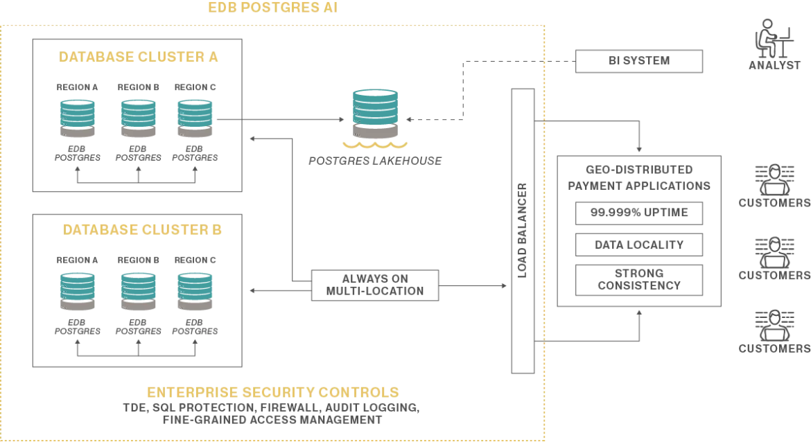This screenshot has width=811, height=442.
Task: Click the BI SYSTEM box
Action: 639,61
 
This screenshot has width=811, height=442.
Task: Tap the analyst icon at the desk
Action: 774,39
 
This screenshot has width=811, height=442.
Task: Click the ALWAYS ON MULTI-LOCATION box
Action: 375,285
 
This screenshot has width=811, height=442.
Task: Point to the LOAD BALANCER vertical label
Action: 523,231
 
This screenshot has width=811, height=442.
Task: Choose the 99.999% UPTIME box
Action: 639,213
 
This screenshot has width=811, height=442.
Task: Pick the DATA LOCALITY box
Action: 639,245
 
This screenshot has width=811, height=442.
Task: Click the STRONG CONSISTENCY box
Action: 639,280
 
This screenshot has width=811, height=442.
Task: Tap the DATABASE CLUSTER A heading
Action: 138,57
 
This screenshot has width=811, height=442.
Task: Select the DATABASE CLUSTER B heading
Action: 142,229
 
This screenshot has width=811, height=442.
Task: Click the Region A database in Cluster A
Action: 78,118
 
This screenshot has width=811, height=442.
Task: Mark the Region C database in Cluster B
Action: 195,292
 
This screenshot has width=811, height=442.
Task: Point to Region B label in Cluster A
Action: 138,87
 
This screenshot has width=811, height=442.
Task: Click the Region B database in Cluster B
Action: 138,292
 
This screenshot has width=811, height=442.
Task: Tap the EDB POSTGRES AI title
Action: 272,7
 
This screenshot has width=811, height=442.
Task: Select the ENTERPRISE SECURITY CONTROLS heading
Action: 272,392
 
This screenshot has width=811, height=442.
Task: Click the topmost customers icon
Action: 774,179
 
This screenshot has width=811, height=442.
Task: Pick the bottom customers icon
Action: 774,325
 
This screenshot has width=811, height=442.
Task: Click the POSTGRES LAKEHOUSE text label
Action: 375,161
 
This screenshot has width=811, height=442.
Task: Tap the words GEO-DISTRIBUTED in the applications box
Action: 639,170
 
